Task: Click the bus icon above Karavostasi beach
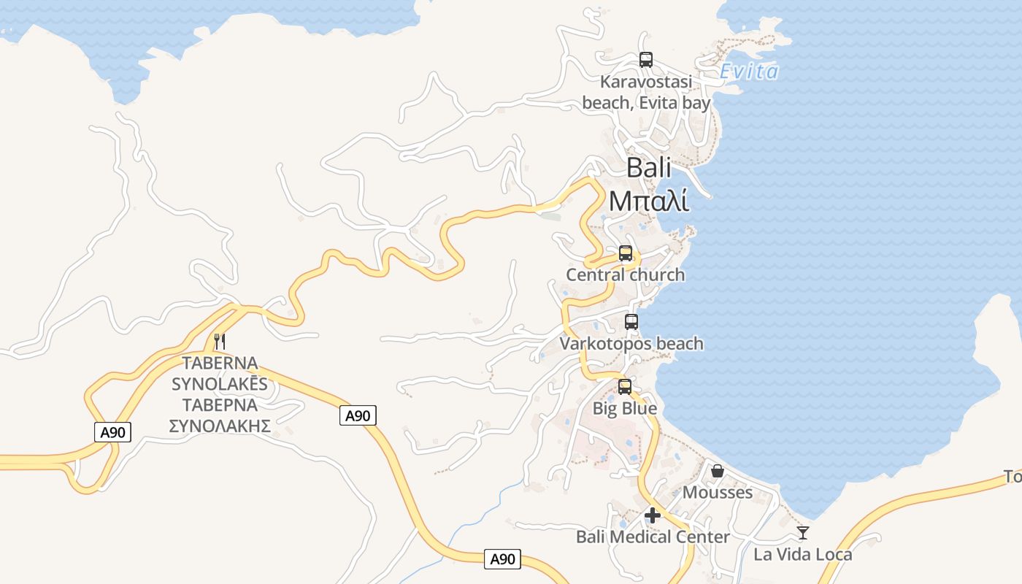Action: pos(645,60)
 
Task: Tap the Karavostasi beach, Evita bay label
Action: pos(646,92)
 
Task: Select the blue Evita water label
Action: pos(749,72)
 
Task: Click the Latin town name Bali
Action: pos(649,168)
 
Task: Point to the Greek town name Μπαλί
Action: pos(649,200)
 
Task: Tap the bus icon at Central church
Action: pos(626,253)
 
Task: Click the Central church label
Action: pos(626,274)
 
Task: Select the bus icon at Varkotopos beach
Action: pos(631,321)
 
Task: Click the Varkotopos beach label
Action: pos(631,343)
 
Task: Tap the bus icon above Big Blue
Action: pos(624,387)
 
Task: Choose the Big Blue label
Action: pos(624,408)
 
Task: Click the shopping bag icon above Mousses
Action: pos(718,471)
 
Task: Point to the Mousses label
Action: pos(718,492)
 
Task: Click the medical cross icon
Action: pos(653,515)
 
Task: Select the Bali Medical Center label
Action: pos(653,537)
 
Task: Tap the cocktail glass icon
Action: pos(803,533)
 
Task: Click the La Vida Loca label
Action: pos(803,554)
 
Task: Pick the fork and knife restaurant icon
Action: pos(220,341)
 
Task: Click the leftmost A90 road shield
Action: pos(113,432)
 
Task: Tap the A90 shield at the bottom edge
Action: pos(502,560)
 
